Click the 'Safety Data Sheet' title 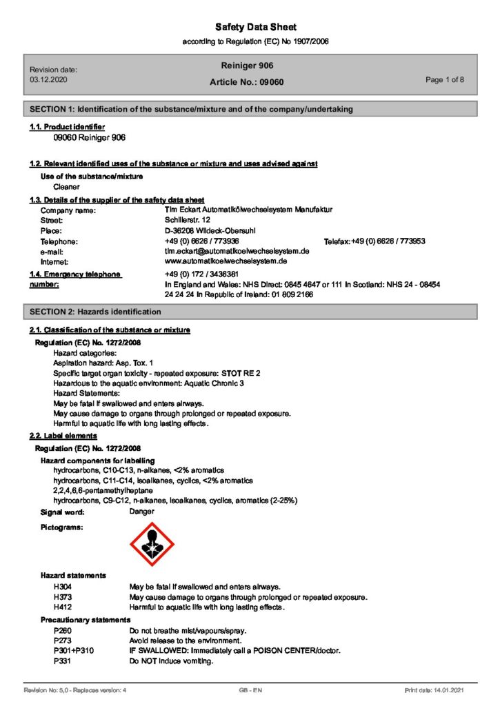click(256, 27)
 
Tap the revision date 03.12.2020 click(48, 80)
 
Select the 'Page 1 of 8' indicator click(445, 80)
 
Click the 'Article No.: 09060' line click(246, 82)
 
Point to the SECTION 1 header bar click(250, 109)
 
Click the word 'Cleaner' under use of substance click(66, 186)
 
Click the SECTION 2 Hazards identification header click(250, 312)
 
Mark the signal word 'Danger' click(142, 512)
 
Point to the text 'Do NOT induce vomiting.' click(171, 661)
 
